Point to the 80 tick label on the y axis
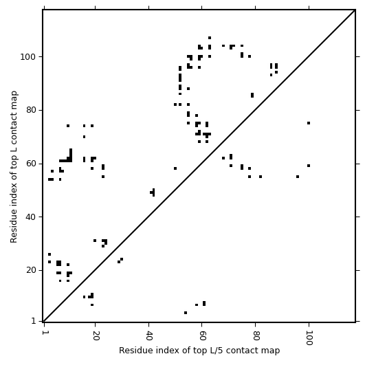click(x=32, y=110)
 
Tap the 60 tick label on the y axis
click(x=32, y=164)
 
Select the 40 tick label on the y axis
click(x=32, y=217)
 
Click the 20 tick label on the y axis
click(x=32, y=270)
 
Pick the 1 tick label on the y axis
click(x=34, y=321)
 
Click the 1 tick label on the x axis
click(x=44, y=333)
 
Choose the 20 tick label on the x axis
click(x=96, y=335)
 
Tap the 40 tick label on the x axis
click(x=148, y=335)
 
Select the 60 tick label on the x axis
click(x=202, y=335)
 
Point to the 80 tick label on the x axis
click(x=256, y=335)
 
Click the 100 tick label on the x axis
click(x=309, y=338)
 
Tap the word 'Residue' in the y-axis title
click(x=14, y=229)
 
